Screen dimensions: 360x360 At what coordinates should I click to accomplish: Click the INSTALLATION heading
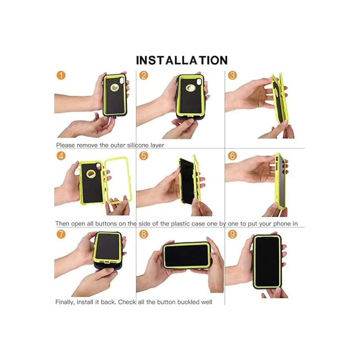182,60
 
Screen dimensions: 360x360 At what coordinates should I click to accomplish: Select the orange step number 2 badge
143,76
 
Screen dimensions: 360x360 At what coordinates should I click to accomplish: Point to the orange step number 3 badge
232,76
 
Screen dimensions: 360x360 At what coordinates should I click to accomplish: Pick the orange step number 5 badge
143,156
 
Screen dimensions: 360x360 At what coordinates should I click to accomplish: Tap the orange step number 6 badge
232,156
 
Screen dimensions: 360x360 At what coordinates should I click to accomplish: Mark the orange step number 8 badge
143,234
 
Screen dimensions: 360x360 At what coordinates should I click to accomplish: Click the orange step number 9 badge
232,234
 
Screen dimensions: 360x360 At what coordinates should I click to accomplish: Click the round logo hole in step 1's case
114,87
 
